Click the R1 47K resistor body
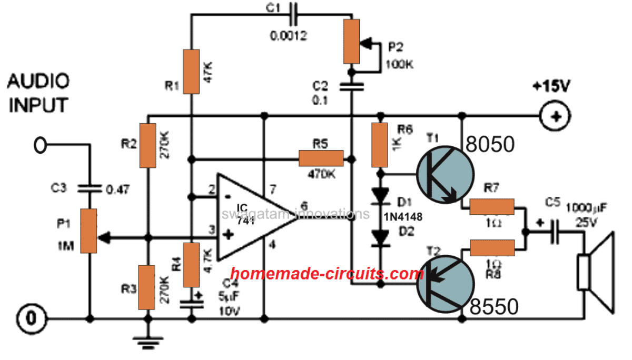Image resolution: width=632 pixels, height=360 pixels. click(x=192, y=72)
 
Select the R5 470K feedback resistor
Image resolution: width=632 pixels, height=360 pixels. click(x=321, y=157)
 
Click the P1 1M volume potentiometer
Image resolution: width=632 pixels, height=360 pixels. click(x=90, y=231)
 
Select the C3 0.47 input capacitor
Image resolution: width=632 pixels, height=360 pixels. click(x=90, y=187)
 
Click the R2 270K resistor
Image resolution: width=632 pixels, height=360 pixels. click(x=149, y=145)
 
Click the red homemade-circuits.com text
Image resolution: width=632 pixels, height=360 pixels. click(x=328, y=274)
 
